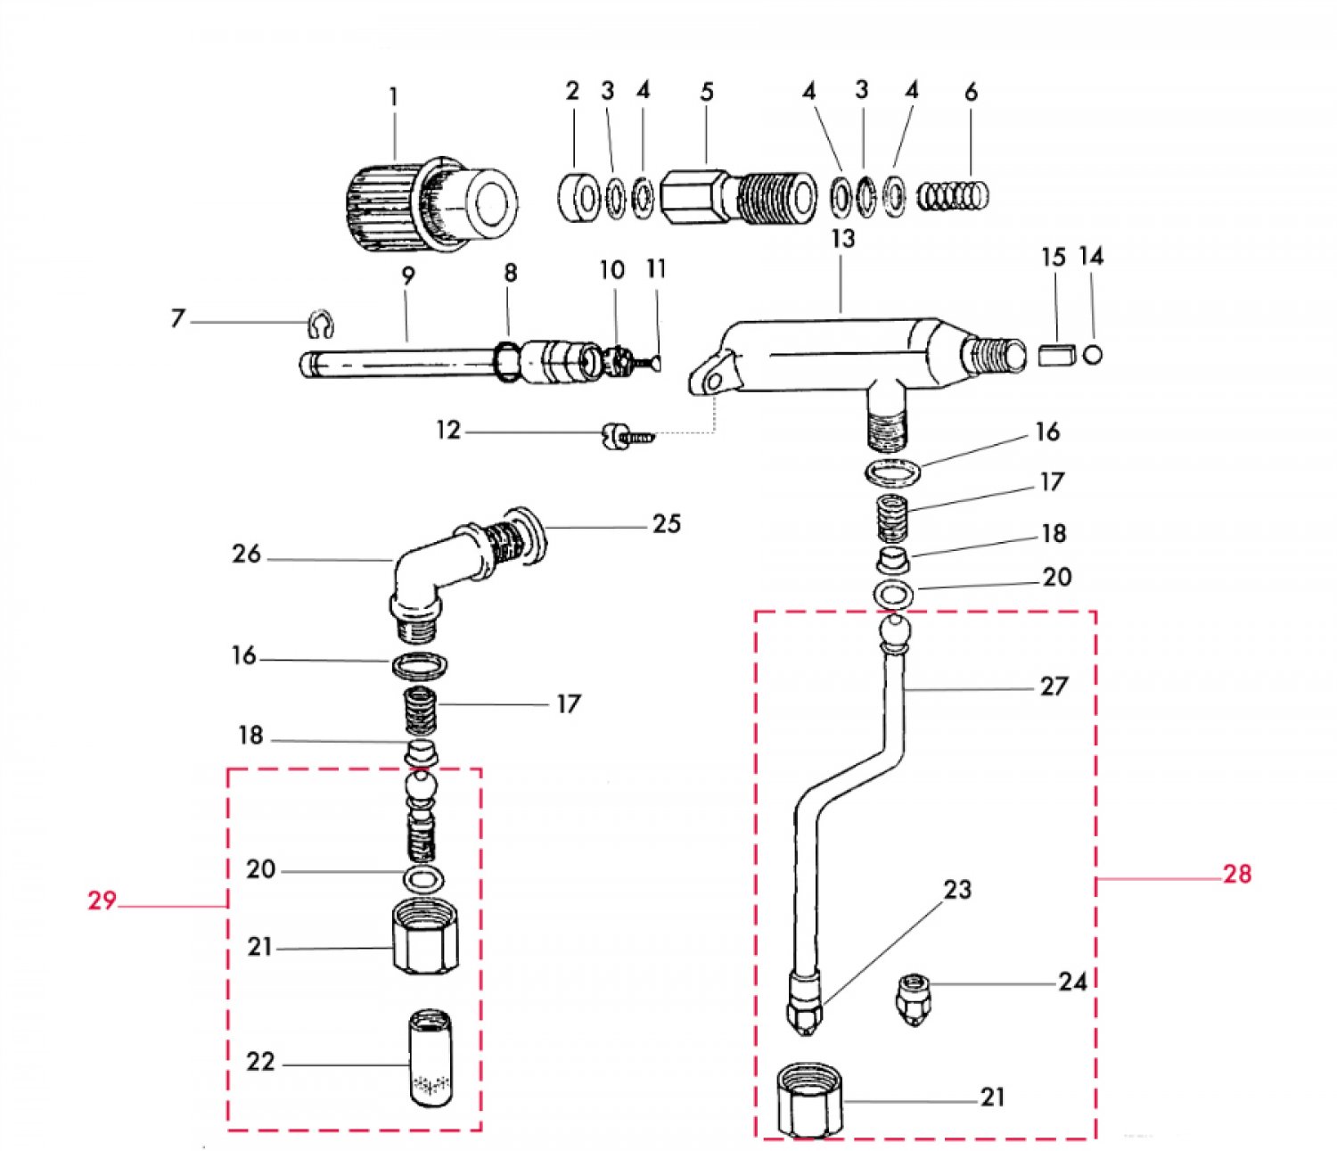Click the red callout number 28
click(1237, 874)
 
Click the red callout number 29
click(103, 900)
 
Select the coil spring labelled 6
click(954, 195)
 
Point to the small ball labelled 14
click(1093, 354)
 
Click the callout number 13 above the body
click(843, 239)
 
